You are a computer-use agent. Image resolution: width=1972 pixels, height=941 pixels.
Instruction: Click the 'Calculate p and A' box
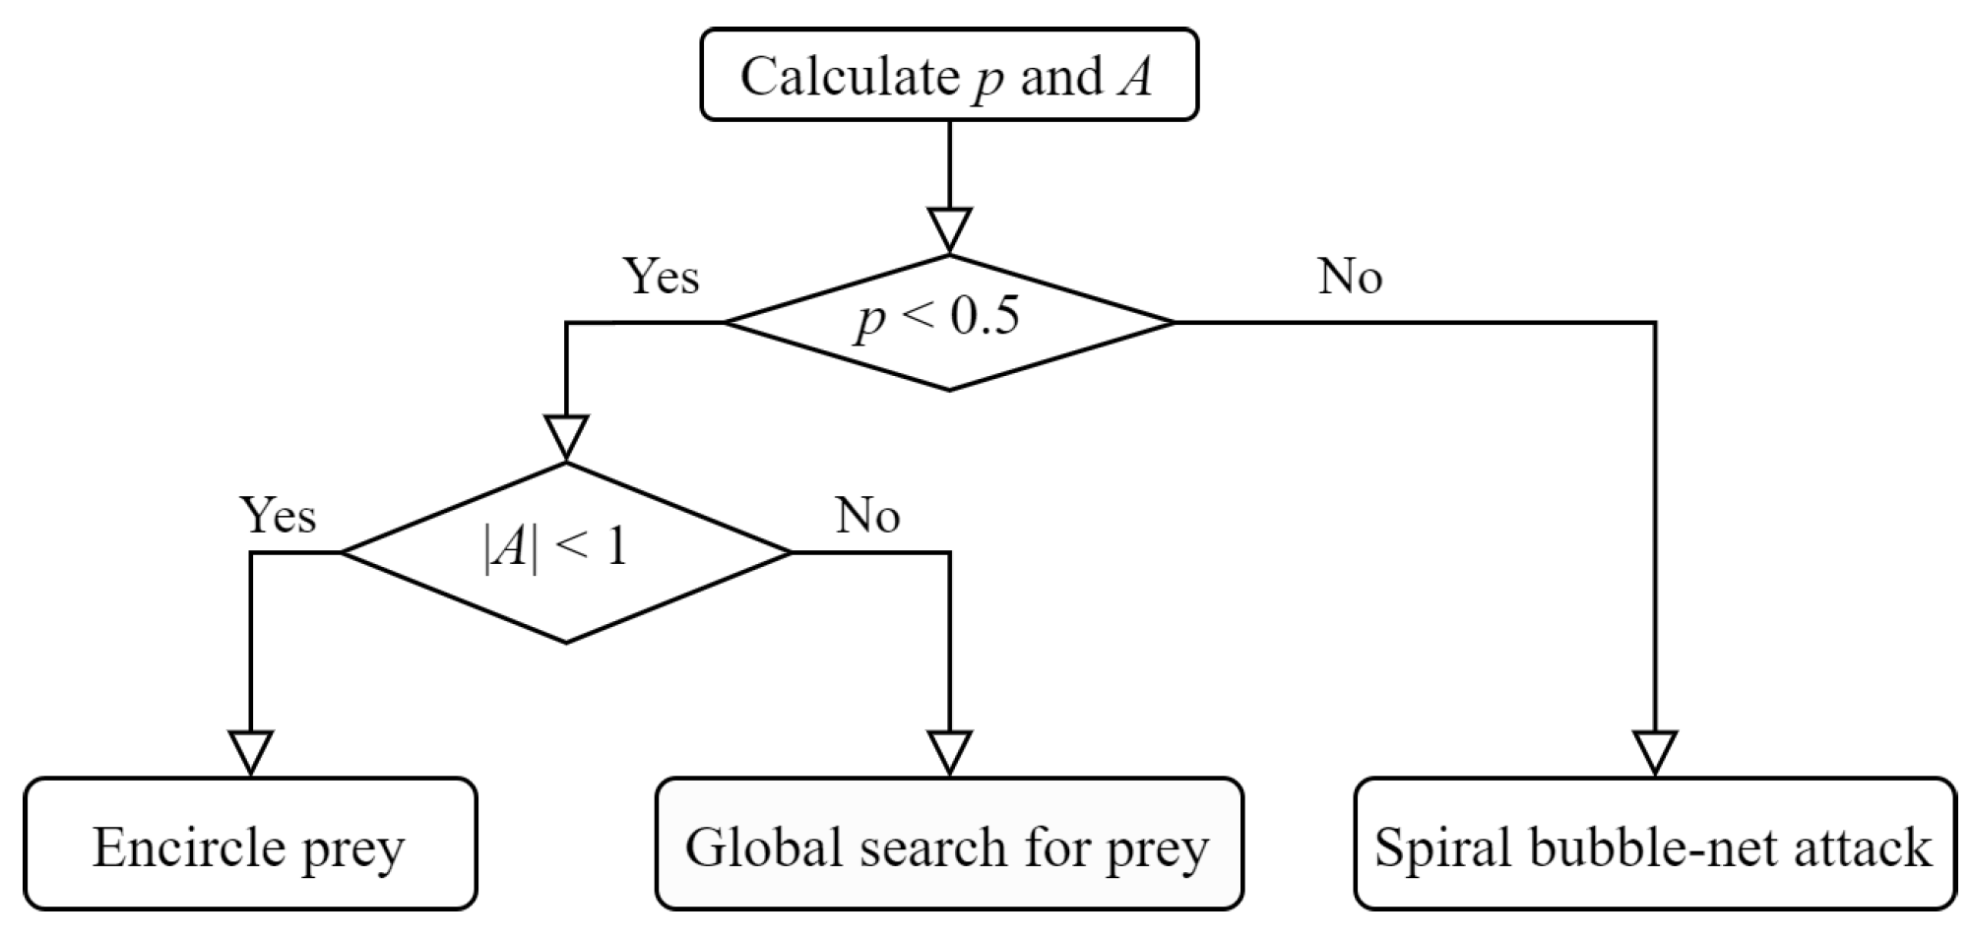point(948,75)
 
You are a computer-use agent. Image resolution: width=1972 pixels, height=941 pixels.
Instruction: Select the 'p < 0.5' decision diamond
point(948,323)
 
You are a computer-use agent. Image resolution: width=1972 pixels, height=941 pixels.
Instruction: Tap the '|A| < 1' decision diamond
point(565,552)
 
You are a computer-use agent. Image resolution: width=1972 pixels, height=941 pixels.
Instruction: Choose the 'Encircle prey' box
point(250,845)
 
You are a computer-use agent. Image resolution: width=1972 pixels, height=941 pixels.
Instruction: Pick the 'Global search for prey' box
point(948,845)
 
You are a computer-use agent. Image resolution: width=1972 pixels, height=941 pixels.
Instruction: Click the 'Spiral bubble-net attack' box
point(1654,845)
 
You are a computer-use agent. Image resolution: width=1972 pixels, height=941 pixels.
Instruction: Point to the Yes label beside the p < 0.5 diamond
point(662,277)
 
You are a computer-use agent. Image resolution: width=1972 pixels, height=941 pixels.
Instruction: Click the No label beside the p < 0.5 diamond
point(1350,277)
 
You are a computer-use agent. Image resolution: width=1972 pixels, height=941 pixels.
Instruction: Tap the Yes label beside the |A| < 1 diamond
point(279,515)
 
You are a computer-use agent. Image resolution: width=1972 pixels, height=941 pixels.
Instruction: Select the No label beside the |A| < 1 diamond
point(867,515)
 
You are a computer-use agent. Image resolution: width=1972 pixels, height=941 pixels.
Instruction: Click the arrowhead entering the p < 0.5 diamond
point(949,230)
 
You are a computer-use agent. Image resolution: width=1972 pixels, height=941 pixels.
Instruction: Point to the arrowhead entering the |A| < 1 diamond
point(566,438)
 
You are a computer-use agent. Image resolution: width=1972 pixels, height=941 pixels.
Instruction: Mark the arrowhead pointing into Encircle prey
point(251,753)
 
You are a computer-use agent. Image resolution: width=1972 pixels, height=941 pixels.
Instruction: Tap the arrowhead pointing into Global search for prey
point(949,753)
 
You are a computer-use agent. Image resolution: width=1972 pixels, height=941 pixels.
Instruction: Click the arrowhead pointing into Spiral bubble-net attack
point(1654,753)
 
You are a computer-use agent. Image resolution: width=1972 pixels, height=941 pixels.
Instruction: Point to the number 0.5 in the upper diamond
point(986,318)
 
